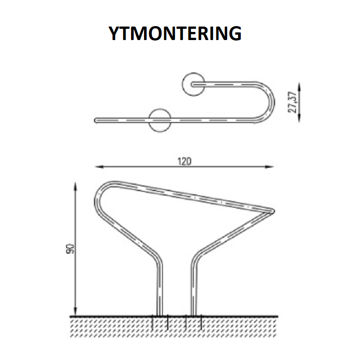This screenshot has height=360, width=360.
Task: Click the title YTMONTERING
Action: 175,33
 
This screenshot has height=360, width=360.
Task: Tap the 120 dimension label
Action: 184,162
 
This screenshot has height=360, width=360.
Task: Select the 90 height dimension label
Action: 71,249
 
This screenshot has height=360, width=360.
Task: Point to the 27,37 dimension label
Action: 292,103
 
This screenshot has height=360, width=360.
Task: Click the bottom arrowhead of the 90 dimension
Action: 75,311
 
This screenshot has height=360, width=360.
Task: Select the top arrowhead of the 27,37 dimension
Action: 299,87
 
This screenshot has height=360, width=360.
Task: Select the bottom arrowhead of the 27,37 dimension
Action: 299,117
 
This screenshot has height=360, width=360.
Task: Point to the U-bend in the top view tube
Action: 272,103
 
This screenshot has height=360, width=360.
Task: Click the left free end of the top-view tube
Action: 96,120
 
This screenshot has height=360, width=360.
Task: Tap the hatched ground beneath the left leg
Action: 160,326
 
